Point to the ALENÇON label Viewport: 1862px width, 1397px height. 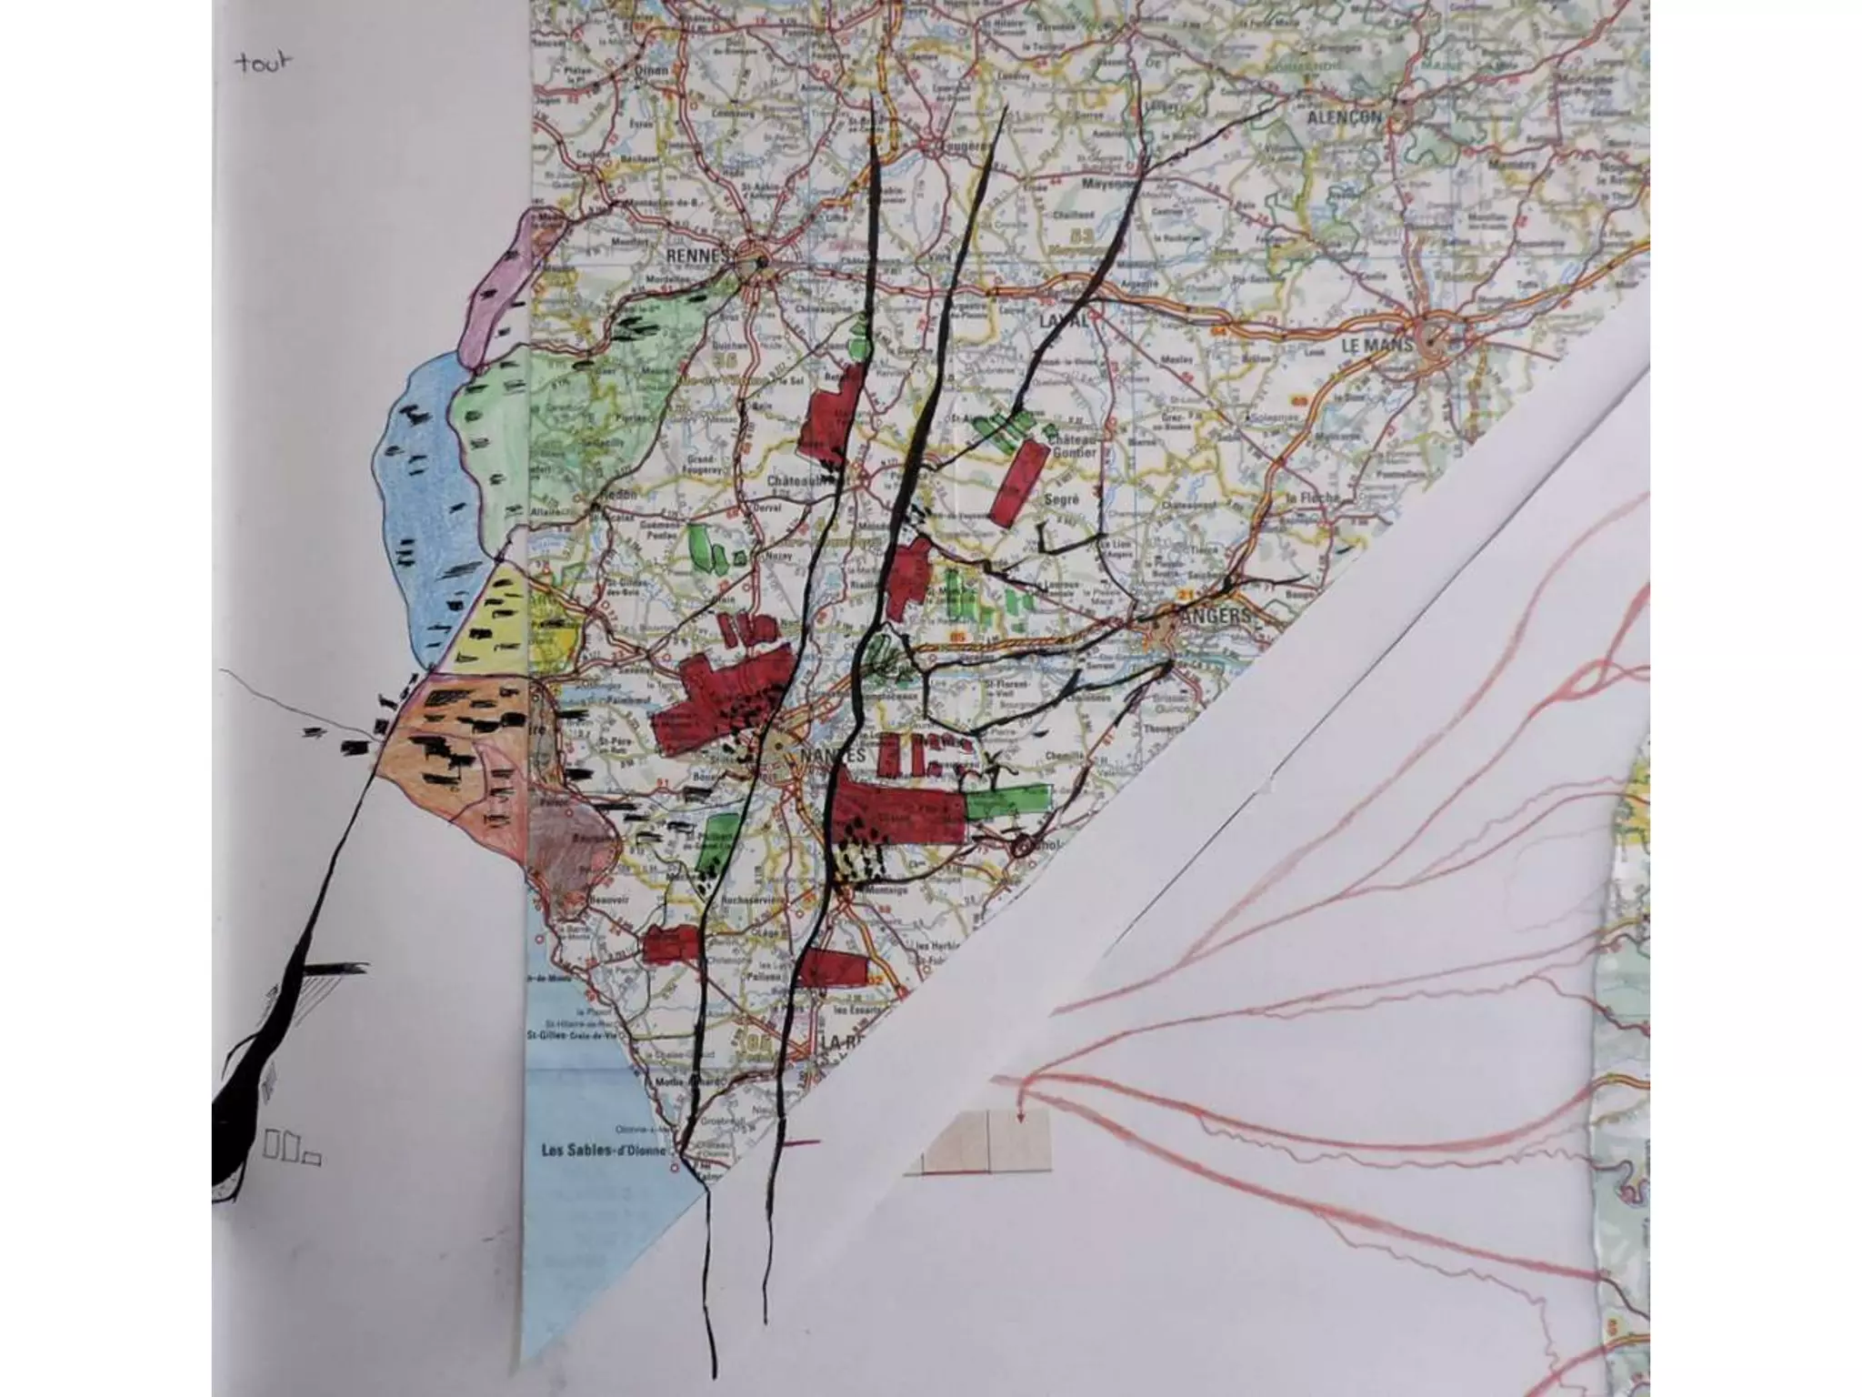point(1343,117)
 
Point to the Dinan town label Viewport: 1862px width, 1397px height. point(653,69)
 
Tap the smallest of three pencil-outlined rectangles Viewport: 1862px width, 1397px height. point(311,1159)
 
